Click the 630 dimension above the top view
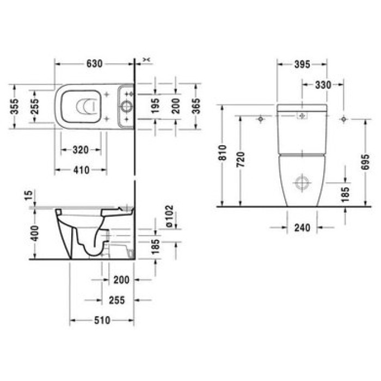tap(93, 64)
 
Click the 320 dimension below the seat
tap(81, 150)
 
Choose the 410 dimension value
tap(80, 170)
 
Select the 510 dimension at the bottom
tap(102, 320)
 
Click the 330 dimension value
tap(323, 84)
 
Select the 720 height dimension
tap(241, 158)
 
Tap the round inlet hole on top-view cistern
tap(126, 106)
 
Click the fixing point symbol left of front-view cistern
tap(261, 119)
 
